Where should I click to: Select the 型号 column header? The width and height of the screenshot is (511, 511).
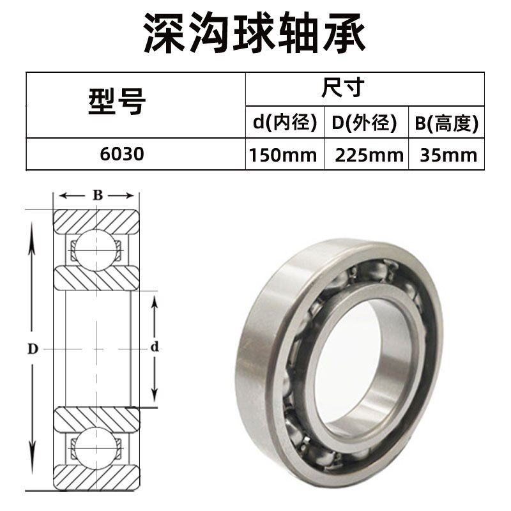tap(116, 104)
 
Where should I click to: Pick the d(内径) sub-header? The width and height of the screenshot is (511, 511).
tap(284, 123)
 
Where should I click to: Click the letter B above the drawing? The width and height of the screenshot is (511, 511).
tap(97, 195)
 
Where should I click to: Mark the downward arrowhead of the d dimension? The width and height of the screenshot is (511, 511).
tap(154, 399)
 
